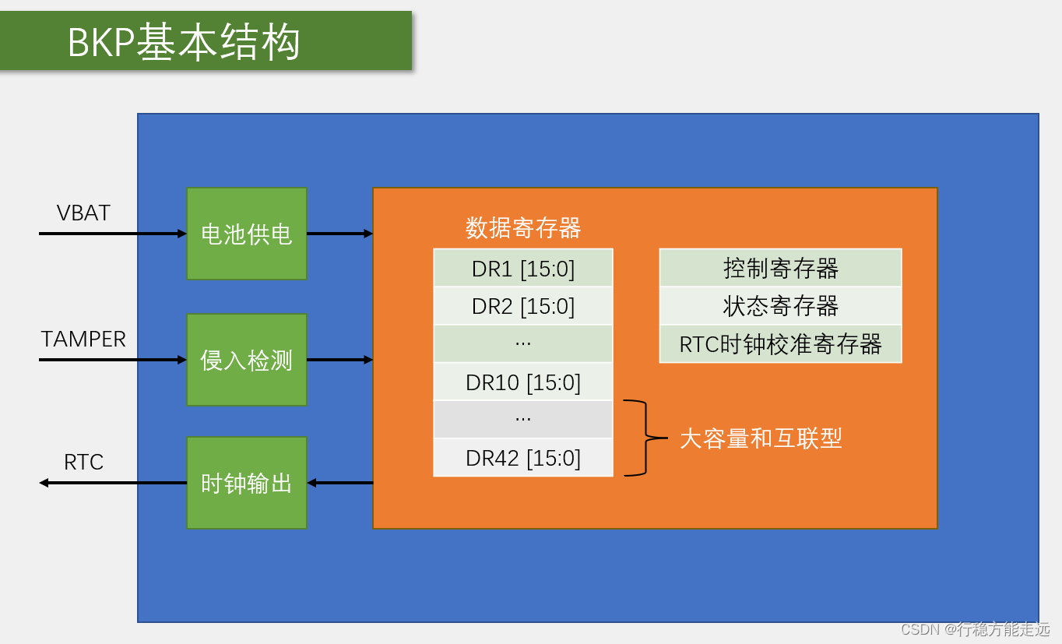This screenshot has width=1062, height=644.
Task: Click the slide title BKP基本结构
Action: [184, 43]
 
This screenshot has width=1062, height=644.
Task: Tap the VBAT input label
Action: [83, 213]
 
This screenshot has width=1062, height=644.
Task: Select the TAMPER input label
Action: [83, 340]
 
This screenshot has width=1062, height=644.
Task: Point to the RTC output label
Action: [83, 463]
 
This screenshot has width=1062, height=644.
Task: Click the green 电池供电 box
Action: [247, 234]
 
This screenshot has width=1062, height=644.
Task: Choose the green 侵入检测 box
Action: [247, 360]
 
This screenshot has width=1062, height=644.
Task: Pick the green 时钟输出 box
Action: [247, 483]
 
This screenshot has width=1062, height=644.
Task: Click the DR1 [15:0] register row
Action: [523, 269]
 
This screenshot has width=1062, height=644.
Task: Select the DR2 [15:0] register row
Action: [523, 306]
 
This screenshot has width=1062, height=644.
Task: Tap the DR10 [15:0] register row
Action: [523, 382]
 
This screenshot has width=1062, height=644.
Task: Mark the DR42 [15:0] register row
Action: [523, 458]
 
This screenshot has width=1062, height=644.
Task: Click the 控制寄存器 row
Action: [780, 269]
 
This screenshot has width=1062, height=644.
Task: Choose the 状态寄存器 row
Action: [780, 306]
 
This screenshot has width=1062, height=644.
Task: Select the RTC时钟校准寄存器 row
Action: [780, 344]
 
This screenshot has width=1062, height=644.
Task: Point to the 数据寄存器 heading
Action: [523, 228]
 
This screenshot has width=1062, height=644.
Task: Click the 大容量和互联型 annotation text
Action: [761, 438]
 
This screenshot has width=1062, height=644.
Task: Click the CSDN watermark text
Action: [976, 629]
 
